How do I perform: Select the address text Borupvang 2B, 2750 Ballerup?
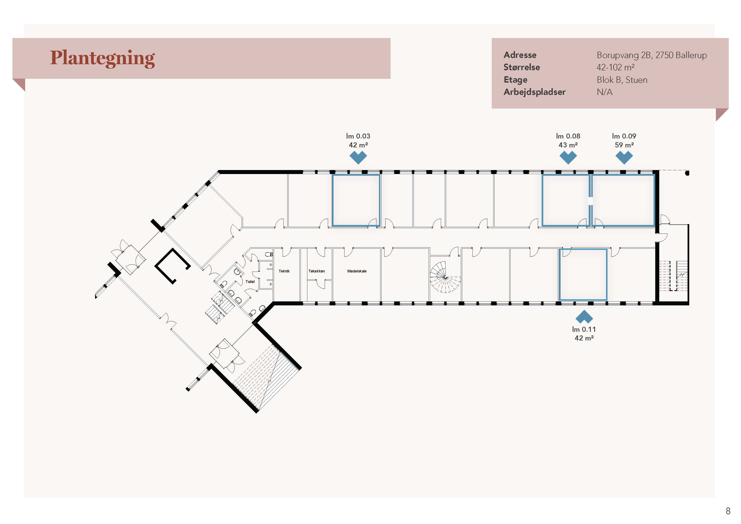pyautogui.click(x=652, y=55)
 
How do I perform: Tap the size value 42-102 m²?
pyautogui.click(x=616, y=67)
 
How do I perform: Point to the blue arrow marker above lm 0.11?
pyautogui.click(x=584, y=317)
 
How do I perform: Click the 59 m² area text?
pyautogui.click(x=624, y=145)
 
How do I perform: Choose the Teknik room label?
pyautogui.click(x=284, y=271)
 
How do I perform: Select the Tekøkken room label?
pyautogui.click(x=317, y=271)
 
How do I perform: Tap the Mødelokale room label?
pyautogui.click(x=357, y=271)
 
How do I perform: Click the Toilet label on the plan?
pyautogui.click(x=250, y=282)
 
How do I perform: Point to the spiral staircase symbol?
pyautogui.click(x=445, y=277)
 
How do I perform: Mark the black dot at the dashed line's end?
pyautogui.click(x=687, y=173)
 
